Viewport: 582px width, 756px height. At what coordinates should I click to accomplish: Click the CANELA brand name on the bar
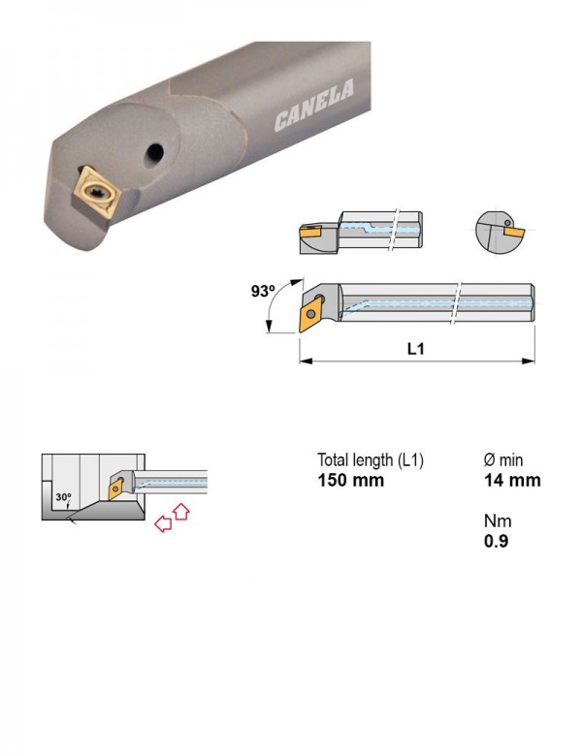[313, 105]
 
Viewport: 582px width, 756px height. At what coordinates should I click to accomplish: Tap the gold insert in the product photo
[96, 192]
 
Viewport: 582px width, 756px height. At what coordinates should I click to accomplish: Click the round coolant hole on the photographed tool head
[155, 152]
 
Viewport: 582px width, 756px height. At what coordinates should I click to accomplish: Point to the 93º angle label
[263, 291]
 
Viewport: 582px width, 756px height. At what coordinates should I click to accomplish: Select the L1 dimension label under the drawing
[415, 348]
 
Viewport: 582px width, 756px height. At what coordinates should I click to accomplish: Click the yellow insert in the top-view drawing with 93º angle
[311, 314]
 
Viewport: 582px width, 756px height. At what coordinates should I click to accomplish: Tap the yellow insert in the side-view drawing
[310, 232]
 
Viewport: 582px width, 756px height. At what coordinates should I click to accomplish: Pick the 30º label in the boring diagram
[63, 496]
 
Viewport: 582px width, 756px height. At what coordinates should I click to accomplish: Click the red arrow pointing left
[163, 523]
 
